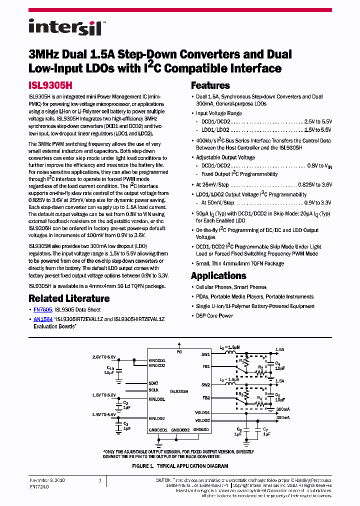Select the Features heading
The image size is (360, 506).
pyautogui.click(x=210, y=85)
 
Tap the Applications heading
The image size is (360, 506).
pyautogui.click(x=218, y=275)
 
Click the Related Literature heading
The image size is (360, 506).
pyautogui.click(x=69, y=298)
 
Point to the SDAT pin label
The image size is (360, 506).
pyautogui.click(x=154, y=383)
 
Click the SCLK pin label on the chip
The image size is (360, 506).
pyautogui.click(x=154, y=390)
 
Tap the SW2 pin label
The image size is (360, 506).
pyautogui.click(x=205, y=385)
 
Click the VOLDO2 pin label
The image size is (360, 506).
pyautogui.click(x=202, y=420)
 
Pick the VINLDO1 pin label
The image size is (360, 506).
pyautogui.click(x=156, y=398)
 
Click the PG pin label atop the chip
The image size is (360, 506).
pyautogui.click(x=179, y=352)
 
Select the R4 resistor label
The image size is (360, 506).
pyautogui.click(x=259, y=398)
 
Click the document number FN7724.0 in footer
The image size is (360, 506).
pyautogui.click(x=40, y=486)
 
